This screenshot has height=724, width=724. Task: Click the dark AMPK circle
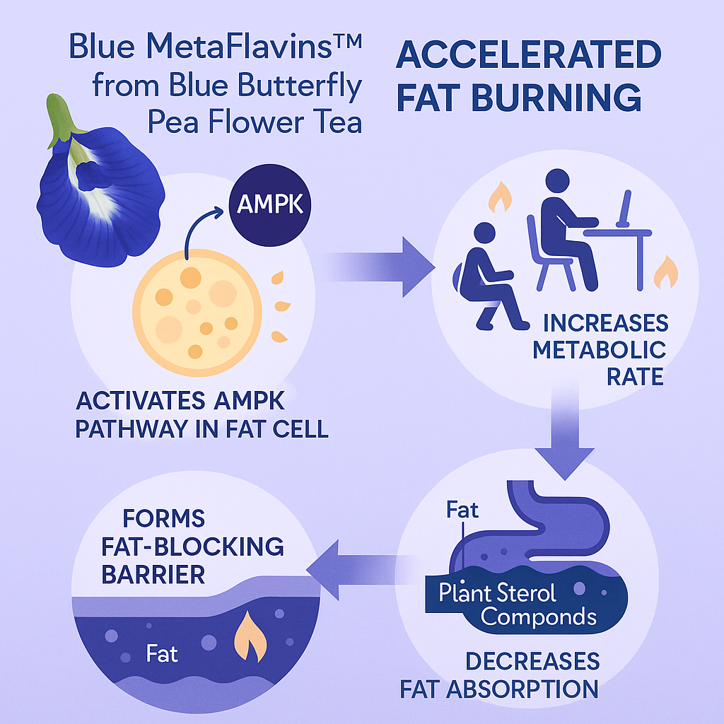(x=270, y=206)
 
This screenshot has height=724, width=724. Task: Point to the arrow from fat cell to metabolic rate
(x=382, y=267)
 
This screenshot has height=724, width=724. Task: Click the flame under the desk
(x=665, y=272)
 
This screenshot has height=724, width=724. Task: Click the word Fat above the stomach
(x=463, y=510)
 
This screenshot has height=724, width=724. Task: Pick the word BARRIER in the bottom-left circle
(x=153, y=573)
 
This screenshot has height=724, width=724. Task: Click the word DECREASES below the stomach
(x=532, y=662)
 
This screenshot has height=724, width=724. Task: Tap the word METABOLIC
(x=599, y=349)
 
